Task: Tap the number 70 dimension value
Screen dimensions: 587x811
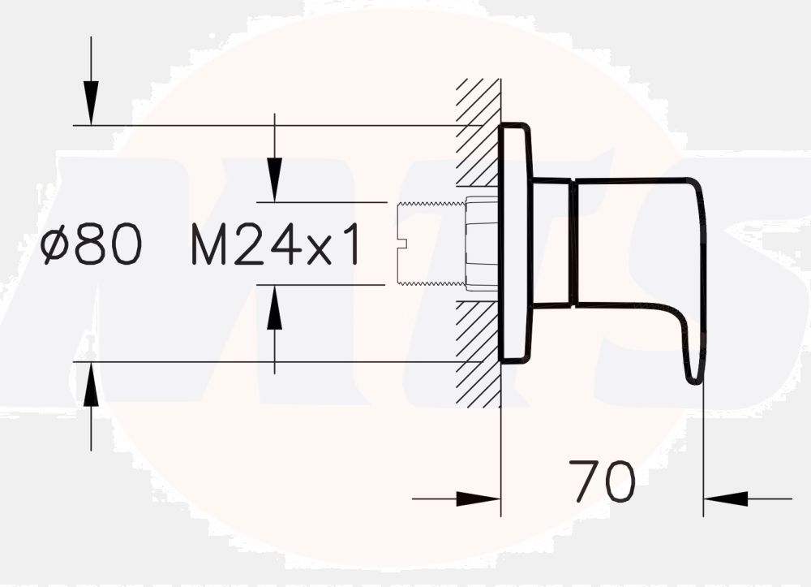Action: point(602,481)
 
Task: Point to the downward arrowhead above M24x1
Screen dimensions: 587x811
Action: point(275,179)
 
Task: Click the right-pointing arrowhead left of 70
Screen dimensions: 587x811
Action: point(478,499)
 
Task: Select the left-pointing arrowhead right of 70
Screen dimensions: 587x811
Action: point(726,499)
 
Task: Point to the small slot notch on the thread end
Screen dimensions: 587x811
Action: point(403,243)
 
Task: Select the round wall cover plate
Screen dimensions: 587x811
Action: point(515,243)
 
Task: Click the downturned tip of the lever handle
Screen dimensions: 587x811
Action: point(695,369)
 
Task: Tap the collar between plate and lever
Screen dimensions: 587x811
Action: point(551,243)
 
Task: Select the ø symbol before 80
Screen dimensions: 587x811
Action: point(55,244)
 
